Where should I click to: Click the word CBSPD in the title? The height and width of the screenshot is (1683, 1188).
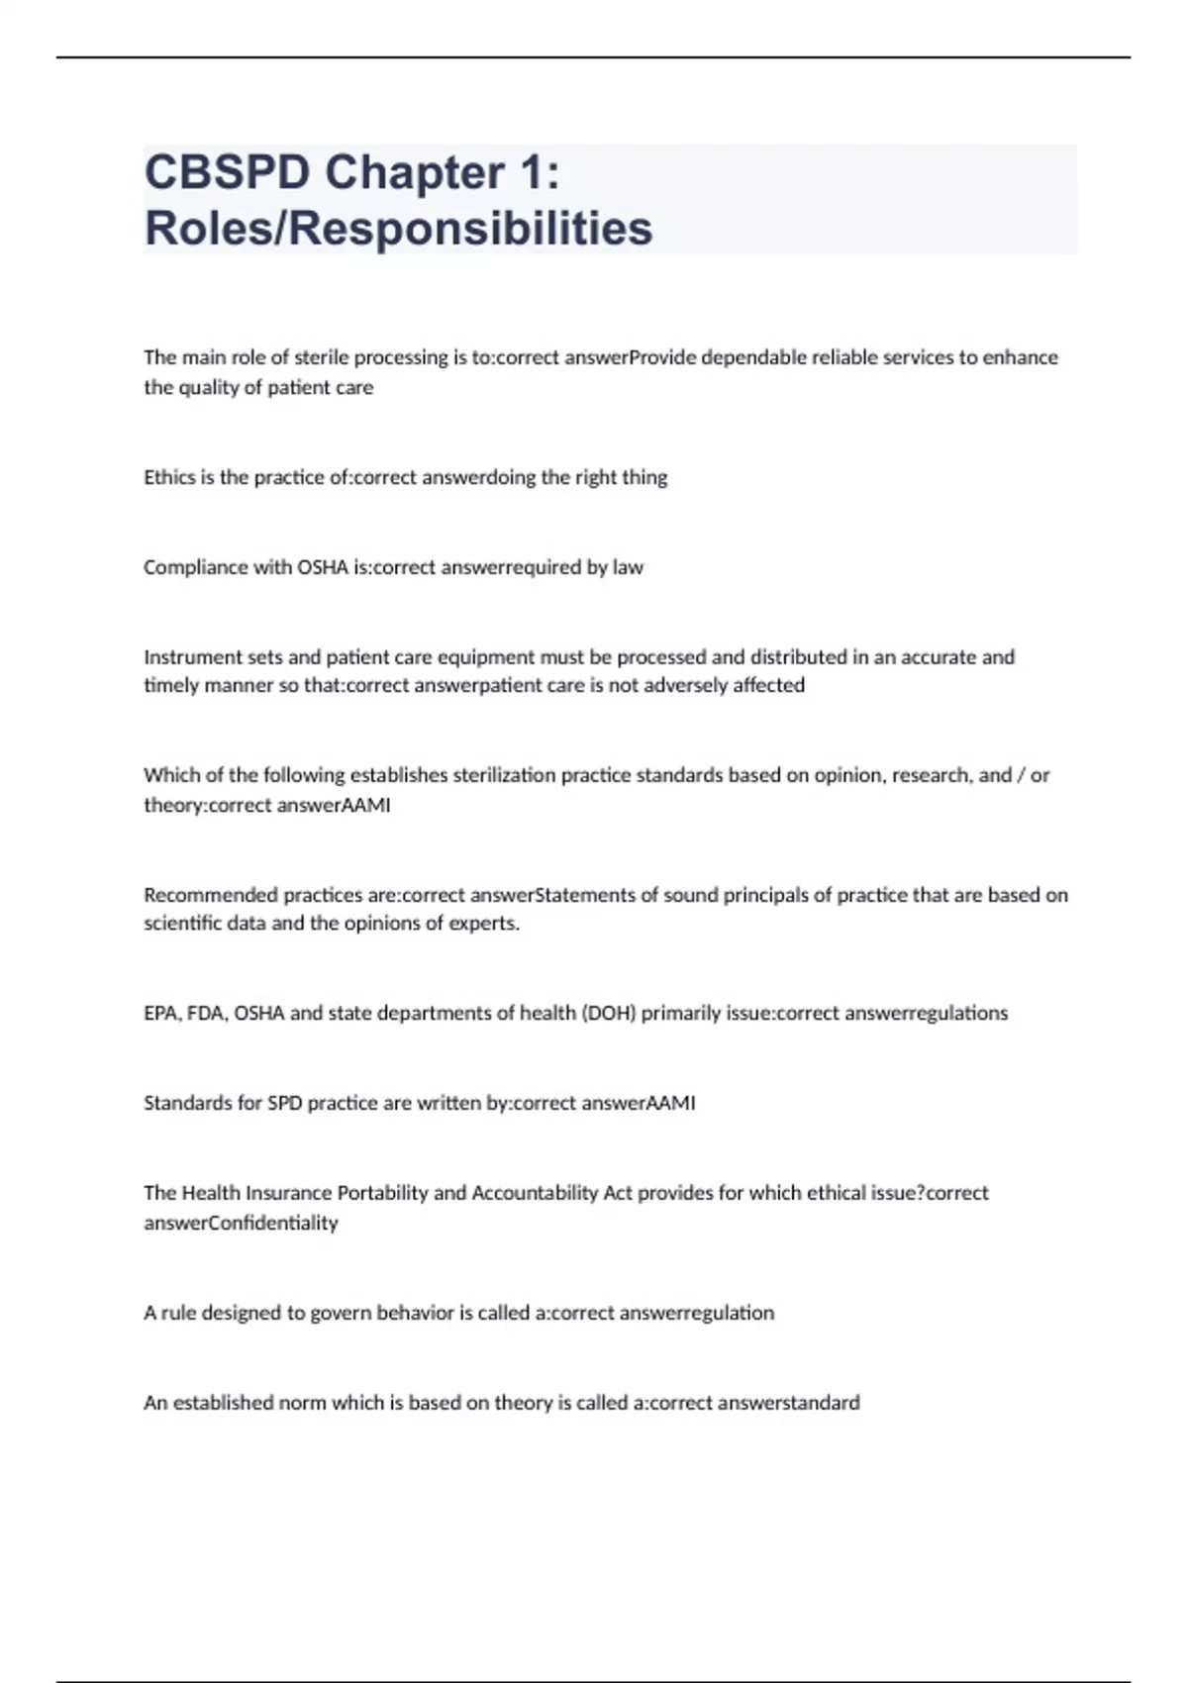(x=227, y=173)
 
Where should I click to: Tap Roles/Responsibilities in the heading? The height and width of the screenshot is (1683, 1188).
(x=398, y=228)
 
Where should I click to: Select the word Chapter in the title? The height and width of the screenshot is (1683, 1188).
(x=415, y=173)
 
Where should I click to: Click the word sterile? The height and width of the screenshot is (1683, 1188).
(x=322, y=357)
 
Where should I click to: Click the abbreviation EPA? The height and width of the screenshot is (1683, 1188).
(x=160, y=1013)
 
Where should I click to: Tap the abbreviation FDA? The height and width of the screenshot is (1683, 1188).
(x=205, y=1013)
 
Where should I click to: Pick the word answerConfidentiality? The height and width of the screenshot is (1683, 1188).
(x=241, y=1223)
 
